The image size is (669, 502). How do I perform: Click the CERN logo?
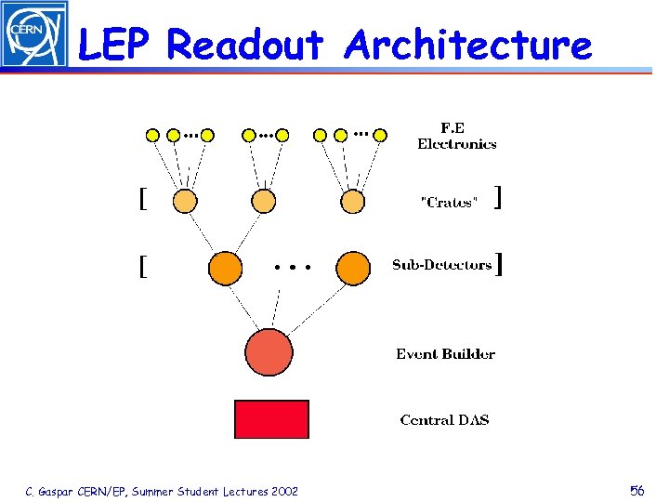pyautogui.click(x=33, y=34)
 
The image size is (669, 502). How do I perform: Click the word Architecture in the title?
pyautogui.click(x=467, y=44)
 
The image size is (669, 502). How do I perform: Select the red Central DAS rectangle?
pyautogui.click(x=271, y=419)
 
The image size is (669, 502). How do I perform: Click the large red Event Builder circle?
pyautogui.click(x=269, y=352)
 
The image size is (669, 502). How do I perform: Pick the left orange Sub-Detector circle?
pyautogui.click(x=225, y=269)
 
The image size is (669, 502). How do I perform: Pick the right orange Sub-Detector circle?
pyautogui.click(x=353, y=269)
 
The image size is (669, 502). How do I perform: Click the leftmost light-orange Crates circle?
pyautogui.click(x=185, y=201)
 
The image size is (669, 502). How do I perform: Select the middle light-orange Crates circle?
pyautogui.click(x=263, y=201)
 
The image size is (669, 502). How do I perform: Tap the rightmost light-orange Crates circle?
pyautogui.click(x=352, y=201)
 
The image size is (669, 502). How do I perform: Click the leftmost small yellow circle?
pyautogui.click(x=153, y=135)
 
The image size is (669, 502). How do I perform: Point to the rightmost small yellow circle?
pyautogui.click(x=379, y=135)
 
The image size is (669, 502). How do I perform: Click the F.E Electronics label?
pyautogui.click(x=456, y=136)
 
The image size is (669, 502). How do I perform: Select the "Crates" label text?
pyautogui.click(x=449, y=203)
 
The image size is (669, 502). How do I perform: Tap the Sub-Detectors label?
pyautogui.click(x=442, y=265)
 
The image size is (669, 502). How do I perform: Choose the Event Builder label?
pyautogui.click(x=445, y=354)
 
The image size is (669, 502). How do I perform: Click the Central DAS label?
pyautogui.click(x=444, y=420)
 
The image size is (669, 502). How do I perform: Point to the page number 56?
pyautogui.click(x=636, y=490)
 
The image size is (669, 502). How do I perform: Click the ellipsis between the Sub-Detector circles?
pyautogui.click(x=292, y=267)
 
